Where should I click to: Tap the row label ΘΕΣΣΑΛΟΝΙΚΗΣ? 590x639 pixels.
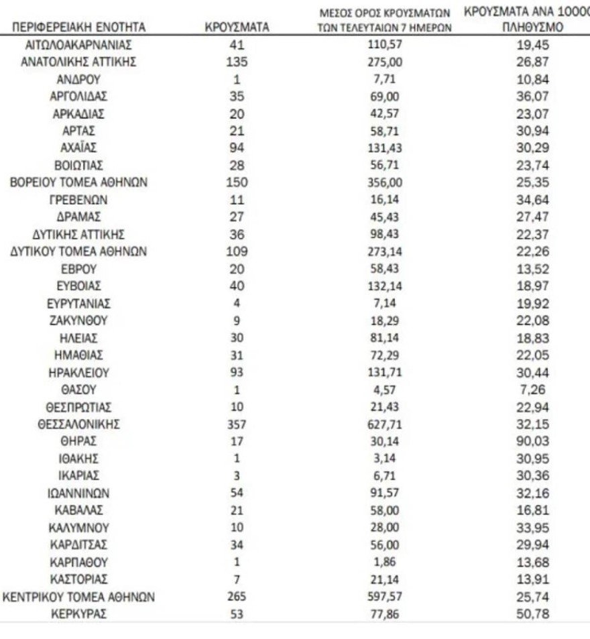(79, 424)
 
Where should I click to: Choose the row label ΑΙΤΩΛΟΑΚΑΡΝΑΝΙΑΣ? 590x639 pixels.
(79, 45)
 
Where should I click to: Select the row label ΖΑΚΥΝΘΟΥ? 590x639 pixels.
(79, 321)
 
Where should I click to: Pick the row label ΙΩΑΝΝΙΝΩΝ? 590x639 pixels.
(79, 493)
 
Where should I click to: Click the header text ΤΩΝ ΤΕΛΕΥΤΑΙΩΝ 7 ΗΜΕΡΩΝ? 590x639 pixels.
(383, 28)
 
